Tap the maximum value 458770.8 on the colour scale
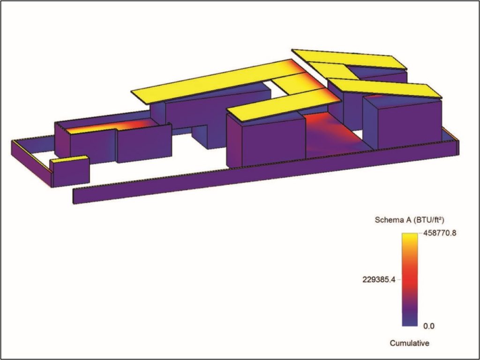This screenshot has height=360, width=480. tap(440, 233)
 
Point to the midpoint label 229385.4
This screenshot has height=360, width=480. tap(379, 279)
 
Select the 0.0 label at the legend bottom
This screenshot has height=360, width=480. tap(428, 326)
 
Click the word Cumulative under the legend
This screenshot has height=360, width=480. tap(409, 343)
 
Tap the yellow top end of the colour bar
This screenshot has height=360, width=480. tap(410, 237)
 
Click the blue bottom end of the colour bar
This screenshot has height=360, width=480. tap(410, 322)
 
